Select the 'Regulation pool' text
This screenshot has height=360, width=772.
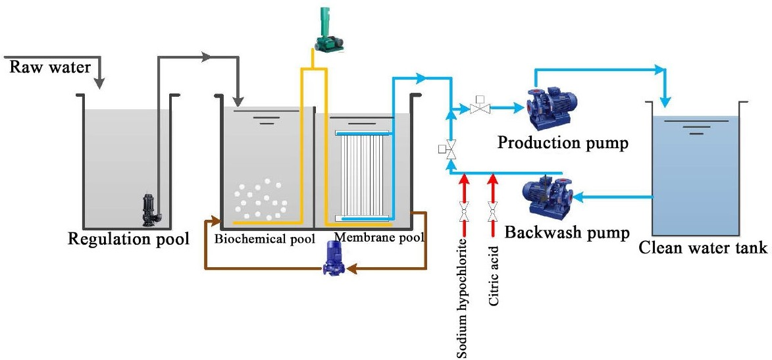[x=129, y=238]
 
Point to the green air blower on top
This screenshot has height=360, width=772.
[x=328, y=30]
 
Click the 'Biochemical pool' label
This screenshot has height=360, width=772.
[x=265, y=238]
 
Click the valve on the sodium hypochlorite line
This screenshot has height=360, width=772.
[x=464, y=212]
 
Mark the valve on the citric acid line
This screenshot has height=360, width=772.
[x=492, y=212]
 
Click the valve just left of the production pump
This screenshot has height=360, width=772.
[x=479, y=107]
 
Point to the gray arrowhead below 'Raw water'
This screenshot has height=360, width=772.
[x=99, y=82]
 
